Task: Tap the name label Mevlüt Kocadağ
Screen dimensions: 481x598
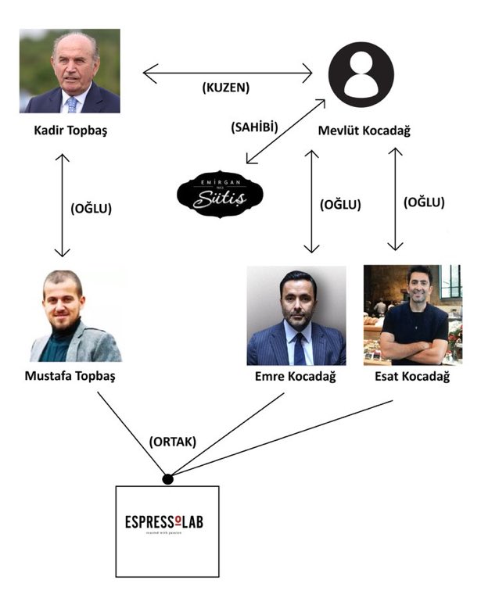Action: pyautogui.click(x=364, y=131)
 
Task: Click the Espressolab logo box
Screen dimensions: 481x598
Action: pyautogui.click(x=167, y=521)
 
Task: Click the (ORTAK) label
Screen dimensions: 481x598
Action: pyautogui.click(x=172, y=442)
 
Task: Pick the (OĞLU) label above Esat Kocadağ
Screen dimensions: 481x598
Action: pyautogui.click(x=424, y=202)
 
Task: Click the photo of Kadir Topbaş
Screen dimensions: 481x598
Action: pyautogui.click(x=70, y=71)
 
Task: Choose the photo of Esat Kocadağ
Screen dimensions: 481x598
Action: pyautogui.click(x=413, y=315)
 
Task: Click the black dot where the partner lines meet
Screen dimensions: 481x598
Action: pyautogui.click(x=167, y=478)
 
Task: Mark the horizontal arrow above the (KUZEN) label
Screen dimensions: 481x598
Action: pyautogui.click(x=227, y=74)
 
